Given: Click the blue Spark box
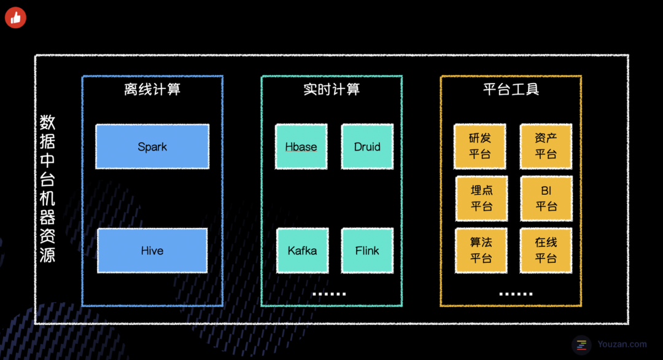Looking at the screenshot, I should [152, 147].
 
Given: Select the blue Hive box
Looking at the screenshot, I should [152, 251].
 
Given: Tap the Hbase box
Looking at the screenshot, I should [301, 147].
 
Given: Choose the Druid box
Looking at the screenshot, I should [367, 147].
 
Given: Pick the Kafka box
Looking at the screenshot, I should [303, 251].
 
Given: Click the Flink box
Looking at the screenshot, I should [367, 251].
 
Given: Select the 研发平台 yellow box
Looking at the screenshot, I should [480, 146].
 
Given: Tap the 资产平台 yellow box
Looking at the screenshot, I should [546, 146].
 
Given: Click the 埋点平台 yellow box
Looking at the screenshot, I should [481, 198].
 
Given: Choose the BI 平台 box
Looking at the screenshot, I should [546, 198].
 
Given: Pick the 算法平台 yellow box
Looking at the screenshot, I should [481, 250].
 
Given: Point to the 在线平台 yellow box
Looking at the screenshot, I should [546, 250].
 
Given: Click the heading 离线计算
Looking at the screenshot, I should [152, 90].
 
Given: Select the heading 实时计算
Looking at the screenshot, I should [331, 90].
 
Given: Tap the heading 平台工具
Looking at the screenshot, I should [511, 90].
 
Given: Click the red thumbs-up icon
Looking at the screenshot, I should [15, 17].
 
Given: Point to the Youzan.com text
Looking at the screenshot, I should [622, 345].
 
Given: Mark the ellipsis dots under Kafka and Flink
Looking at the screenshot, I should [329, 294].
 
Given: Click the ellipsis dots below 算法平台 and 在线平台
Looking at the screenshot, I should [516, 294].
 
